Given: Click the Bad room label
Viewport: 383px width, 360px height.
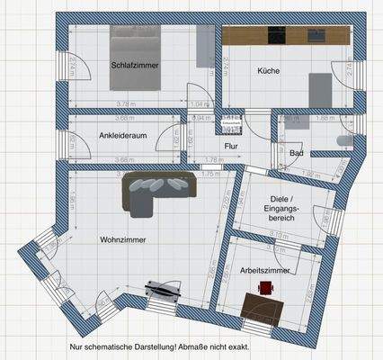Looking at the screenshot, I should click(x=296, y=153).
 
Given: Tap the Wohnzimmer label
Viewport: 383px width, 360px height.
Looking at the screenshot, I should click(x=123, y=240).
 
